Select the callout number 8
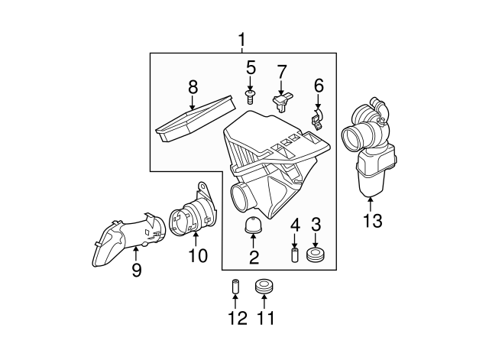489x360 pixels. click(193, 87)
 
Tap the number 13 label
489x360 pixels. click(372, 222)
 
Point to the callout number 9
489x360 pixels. click(136, 270)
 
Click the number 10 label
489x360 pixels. click(198, 256)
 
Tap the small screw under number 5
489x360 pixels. click(249, 96)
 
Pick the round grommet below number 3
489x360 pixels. click(315, 254)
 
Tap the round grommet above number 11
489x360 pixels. click(264, 288)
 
